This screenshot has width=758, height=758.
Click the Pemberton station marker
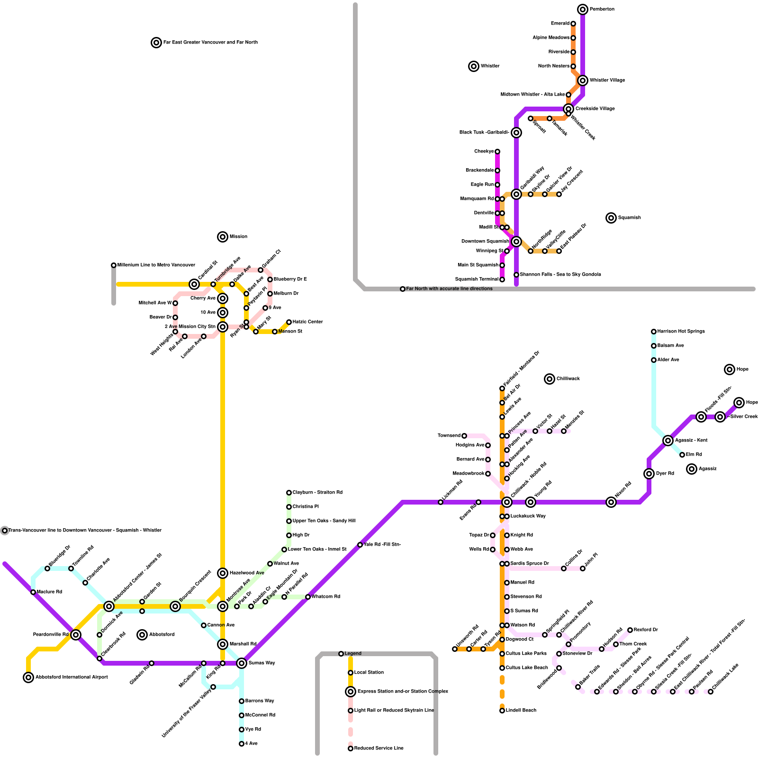pos(583,9)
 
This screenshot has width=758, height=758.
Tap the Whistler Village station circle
pos(583,81)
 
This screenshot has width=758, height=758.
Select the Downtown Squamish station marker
pos(516,242)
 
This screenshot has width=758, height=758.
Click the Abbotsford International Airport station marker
pos(28,677)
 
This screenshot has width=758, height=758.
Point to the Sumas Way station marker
pos(242,663)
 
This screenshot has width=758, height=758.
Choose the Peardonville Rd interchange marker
pos(76,635)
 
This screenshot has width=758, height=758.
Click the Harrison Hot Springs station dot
pos(654,332)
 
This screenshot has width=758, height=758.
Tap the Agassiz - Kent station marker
pos(668,441)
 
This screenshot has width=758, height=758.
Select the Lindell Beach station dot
pos(502,711)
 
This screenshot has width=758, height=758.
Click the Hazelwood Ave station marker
pos(223,573)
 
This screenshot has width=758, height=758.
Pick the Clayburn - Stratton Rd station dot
pos(289,493)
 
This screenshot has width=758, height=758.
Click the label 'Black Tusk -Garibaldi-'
pos(484,133)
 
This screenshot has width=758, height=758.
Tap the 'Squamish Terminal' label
pos(477,280)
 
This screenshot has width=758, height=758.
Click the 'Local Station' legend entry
pos(369,672)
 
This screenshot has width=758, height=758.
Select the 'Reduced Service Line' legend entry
pos(379,748)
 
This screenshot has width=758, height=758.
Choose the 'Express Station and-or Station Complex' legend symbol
pos(351,692)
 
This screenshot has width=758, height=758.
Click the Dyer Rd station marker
pos(649,474)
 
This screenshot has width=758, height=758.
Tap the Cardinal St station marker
pos(194,284)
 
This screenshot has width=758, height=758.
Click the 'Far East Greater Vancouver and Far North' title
pos(210,43)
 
